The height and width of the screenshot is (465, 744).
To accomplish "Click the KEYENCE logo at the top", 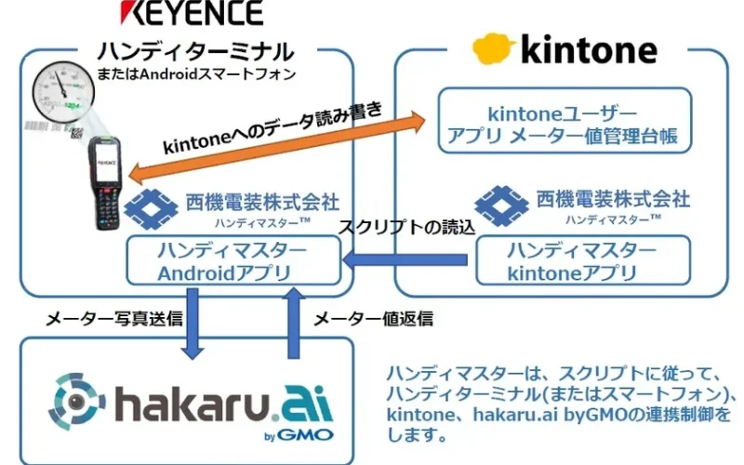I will click(191, 14).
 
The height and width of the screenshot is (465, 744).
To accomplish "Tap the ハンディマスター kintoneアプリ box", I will click(583, 261).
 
